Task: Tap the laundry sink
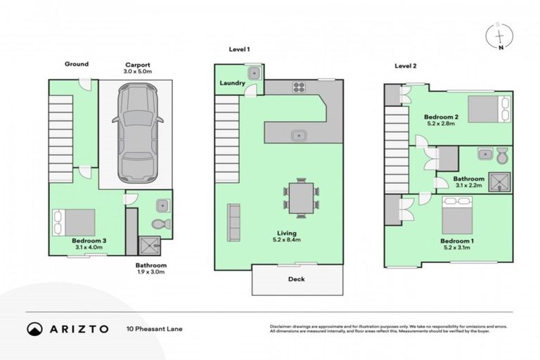coord(252,72)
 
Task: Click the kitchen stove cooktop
coord(298,88)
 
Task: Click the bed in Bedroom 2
coord(484,110)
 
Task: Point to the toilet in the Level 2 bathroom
coord(501,155)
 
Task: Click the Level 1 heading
coord(240,49)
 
